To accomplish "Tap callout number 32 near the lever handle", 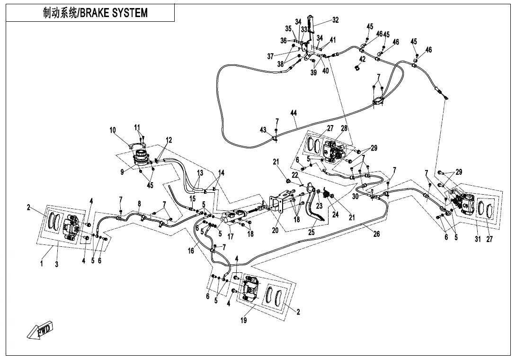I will (x=336, y=20).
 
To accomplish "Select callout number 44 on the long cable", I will (x=294, y=113).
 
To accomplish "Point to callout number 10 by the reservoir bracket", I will (x=113, y=130).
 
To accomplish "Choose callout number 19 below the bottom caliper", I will (x=243, y=320).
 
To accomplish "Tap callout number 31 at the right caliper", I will (x=478, y=239).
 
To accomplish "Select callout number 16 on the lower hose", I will (x=191, y=251).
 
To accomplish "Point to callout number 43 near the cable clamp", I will (x=263, y=130).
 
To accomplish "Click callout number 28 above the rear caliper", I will (x=344, y=128).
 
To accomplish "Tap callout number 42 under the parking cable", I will (x=362, y=59).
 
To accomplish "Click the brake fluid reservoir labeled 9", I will (x=140, y=158).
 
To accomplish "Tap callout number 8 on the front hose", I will (x=139, y=203).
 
